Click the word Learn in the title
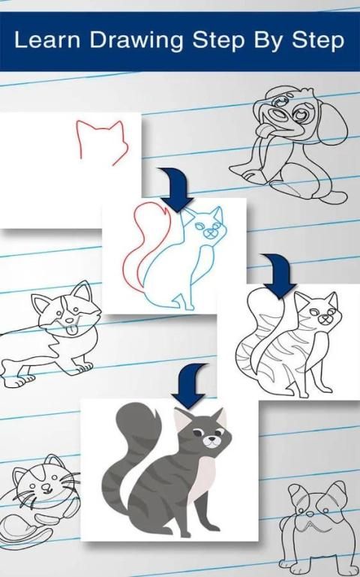(x=47, y=40)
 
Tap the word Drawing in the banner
(x=136, y=41)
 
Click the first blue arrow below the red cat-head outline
(x=175, y=190)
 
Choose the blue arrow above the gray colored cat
(x=190, y=386)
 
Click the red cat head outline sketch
(x=102, y=143)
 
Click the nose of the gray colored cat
(x=211, y=438)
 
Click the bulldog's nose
(x=309, y=515)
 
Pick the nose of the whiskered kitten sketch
(x=46, y=486)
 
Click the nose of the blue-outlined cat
(x=210, y=232)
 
